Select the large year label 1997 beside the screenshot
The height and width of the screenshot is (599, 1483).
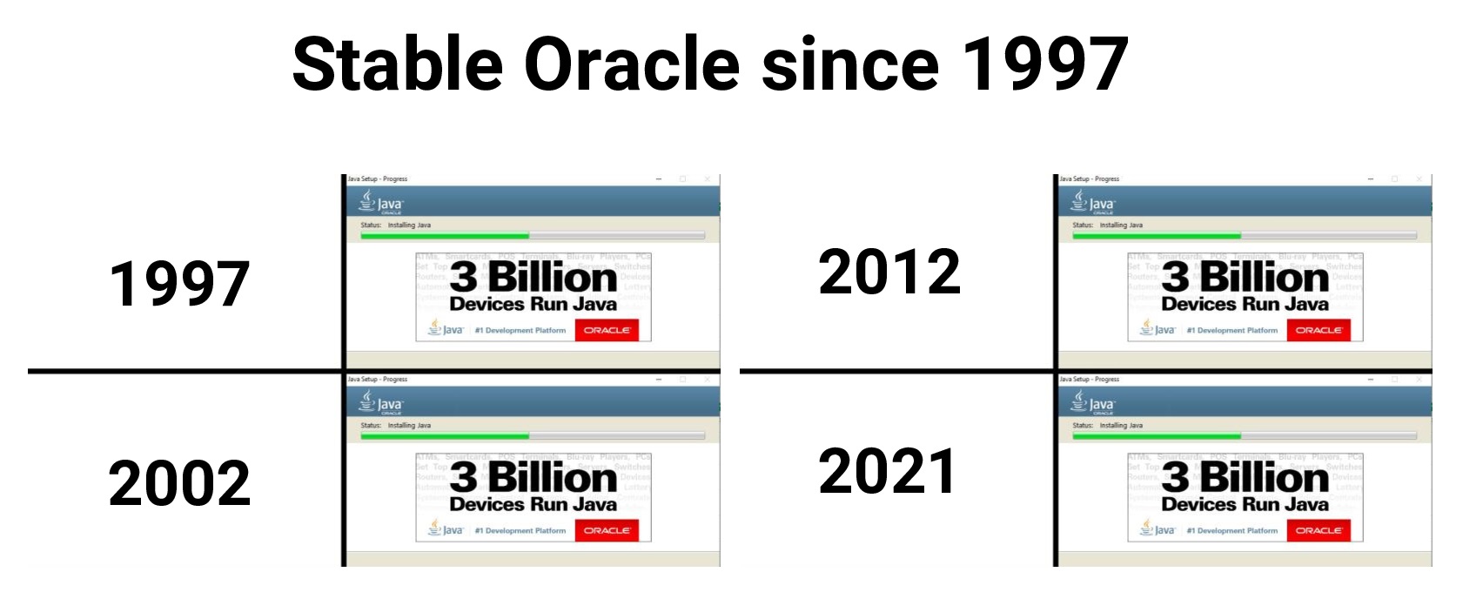point(179,284)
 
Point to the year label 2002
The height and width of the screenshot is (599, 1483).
point(179,483)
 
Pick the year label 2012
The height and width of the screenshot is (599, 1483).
point(889,272)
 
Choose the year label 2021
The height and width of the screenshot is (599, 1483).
point(887,471)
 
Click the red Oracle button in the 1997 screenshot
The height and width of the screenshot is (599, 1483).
point(607,330)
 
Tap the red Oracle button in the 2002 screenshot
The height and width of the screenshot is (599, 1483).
point(607,530)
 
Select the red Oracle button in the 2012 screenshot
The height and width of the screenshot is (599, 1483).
point(1319,330)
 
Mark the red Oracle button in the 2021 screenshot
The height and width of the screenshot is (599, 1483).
point(1319,530)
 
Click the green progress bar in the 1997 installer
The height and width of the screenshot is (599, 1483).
point(445,235)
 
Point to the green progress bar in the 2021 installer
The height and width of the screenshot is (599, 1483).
point(1157,435)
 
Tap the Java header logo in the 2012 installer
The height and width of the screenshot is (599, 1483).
point(1092,203)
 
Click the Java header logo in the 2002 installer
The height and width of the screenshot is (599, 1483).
point(380,403)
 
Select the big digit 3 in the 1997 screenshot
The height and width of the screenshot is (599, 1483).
point(463,278)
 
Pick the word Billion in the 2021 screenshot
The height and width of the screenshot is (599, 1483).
point(1265,478)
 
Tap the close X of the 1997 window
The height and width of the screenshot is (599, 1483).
point(707,179)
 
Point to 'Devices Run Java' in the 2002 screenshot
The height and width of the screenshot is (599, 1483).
point(533,504)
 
